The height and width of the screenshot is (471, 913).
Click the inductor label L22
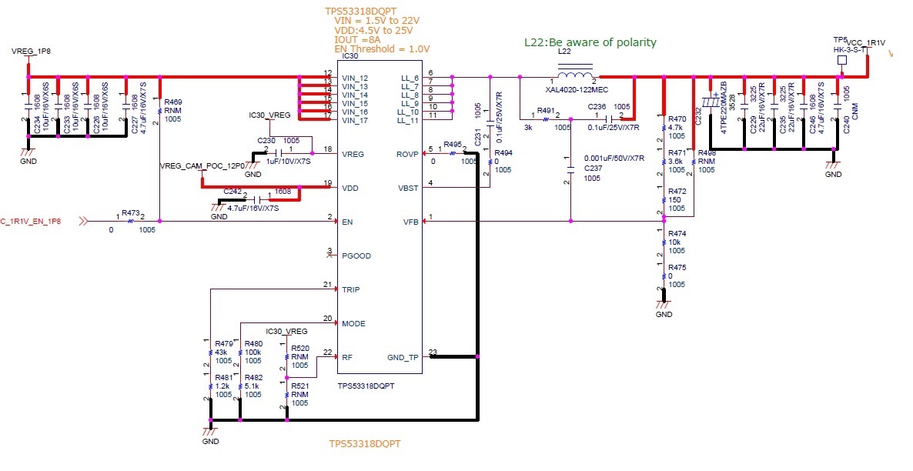[x=564, y=51]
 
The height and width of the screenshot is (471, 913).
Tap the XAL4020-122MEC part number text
[x=577, y=89]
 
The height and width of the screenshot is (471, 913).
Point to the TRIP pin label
[x=350, y=289]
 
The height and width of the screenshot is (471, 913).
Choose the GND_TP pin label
[x=403, y=357]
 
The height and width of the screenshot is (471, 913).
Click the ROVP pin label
[x=407, y=154]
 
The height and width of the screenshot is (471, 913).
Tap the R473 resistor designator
[x=131, y=212]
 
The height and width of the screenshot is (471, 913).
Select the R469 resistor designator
[x=174, y=102]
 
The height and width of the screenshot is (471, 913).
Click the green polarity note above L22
[x=590, y=42]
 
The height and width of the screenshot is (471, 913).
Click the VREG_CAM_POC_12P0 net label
[x=202, y=165]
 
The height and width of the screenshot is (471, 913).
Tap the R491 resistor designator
[x=546, y=112]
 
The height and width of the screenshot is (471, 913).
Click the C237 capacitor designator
[x=594, y=169]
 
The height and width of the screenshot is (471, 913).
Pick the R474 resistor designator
[x=677, y=233]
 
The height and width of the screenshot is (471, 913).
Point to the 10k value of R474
[x=675, y=242]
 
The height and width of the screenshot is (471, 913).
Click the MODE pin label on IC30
[x=354, y=323]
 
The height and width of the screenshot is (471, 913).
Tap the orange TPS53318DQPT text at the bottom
[x=365, y=444]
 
